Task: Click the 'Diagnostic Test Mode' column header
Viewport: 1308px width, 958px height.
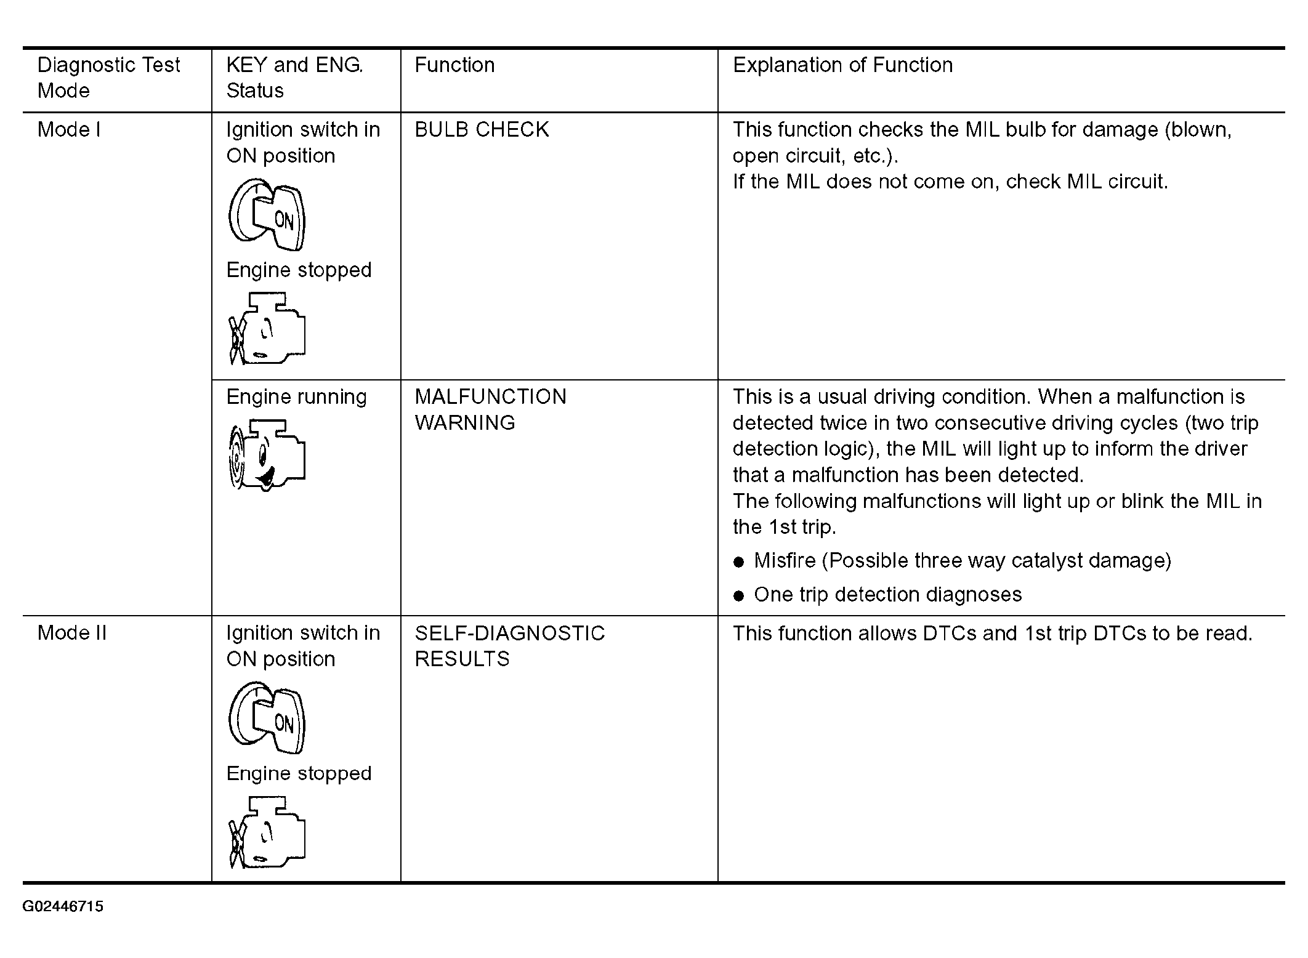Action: [108, 78]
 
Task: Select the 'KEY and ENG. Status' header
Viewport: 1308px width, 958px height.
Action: [294, 78]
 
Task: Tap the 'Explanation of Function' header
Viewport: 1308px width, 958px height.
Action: [842, 65]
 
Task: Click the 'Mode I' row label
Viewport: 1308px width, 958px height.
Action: [68, 129]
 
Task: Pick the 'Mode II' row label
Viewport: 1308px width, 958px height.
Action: [72, 633]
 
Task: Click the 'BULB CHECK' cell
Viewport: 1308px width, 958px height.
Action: [482, 129]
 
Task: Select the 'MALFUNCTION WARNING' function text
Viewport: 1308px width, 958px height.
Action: [490, 409]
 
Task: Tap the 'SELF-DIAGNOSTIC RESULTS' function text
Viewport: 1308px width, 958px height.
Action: [509, 646]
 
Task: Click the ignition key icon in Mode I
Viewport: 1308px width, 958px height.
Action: [267, 214]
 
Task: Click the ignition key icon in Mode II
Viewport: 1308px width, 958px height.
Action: [267, 717]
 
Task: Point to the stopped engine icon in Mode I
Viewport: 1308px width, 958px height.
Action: [267, 329]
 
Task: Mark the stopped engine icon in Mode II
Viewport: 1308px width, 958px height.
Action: [267, 832]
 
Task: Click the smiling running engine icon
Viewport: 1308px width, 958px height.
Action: [267, 455]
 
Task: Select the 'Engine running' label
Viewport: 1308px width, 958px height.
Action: [296, 397]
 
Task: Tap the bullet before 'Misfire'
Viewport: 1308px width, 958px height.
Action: [739, 562]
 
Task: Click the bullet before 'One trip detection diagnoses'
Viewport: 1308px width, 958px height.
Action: [739, 596]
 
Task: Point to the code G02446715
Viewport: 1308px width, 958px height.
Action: [63, 906]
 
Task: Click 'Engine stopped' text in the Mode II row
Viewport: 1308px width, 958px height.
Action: [299, 773]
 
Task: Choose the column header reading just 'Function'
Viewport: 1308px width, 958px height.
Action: [454, 65]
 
